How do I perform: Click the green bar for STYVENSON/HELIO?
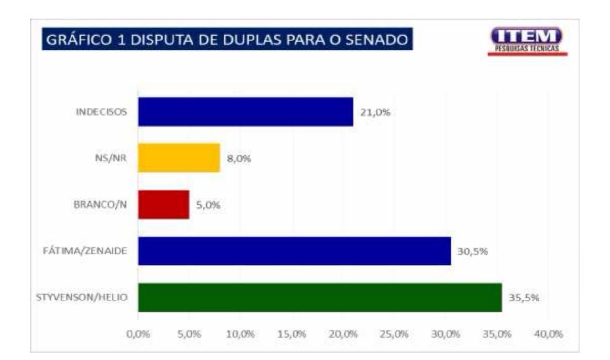320,298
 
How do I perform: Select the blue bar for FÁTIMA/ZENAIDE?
295,251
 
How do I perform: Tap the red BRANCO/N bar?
163,205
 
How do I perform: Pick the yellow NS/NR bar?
179,158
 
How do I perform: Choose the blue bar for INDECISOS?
245,112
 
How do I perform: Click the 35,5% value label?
524,298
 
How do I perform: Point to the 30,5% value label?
473,251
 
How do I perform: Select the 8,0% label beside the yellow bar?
239,159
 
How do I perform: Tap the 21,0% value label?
375,112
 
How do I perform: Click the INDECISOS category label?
102,112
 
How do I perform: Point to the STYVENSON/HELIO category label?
81,298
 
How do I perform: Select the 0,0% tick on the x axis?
138,334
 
